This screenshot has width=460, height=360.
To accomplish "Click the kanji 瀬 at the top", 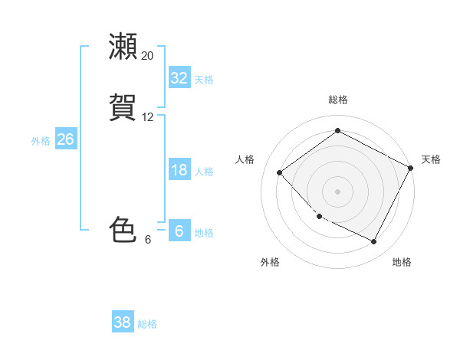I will click(x=123, y=46).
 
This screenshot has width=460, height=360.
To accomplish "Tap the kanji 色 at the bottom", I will click(x=123, y=230).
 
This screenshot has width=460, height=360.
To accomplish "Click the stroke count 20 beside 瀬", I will click(x=147, y=56).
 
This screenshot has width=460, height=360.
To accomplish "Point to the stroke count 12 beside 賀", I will click(x=147, y=117).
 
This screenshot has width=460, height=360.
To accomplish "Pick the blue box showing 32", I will click(x=179, y=78).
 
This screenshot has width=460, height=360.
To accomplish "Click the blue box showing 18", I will click(x=179, y=170).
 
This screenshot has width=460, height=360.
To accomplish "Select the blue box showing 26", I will click(x=65, y=139).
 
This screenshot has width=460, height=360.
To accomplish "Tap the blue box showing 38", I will click(x=123, y=322).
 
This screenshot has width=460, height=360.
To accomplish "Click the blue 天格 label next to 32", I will click(x=204, y=80).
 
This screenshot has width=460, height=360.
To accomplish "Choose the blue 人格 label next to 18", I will click(x=204, y=172).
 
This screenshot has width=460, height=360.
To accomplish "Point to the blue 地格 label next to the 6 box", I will click(x=204, y=233).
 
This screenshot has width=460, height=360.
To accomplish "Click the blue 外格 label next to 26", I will click(x=41, y=141).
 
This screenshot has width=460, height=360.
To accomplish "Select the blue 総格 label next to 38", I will click(x=147, y=324).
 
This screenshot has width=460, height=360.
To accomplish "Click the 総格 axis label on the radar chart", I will click(x=338, y=100).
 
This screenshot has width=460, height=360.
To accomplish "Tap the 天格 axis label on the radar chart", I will click(x=431, y=159).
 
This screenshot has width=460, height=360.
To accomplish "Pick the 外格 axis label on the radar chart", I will click(x=270, y=262).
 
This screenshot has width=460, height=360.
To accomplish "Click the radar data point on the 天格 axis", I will click(x=412, y=168).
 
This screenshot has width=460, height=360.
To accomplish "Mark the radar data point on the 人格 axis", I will click(x=280, y=173).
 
